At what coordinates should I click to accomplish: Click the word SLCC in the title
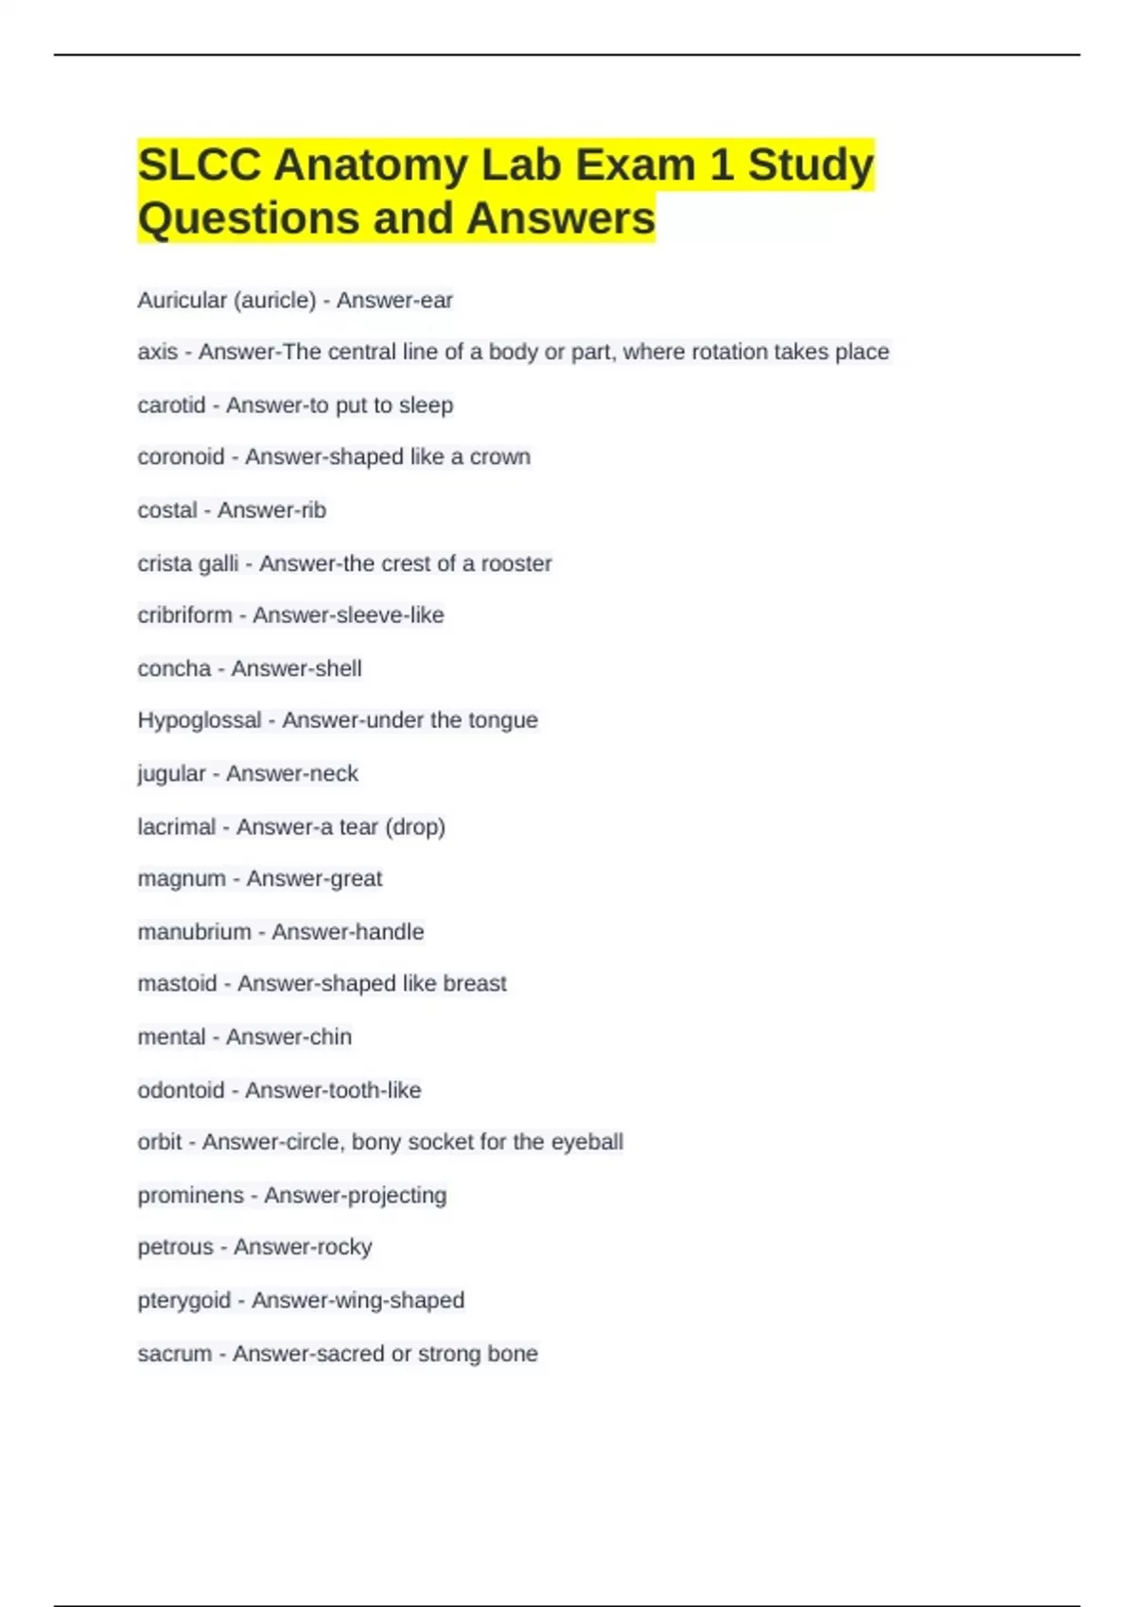point(199,165)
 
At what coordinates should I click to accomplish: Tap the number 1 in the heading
point(721,165)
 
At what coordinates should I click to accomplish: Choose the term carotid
point(171,406)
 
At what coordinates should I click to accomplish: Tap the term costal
point(167,510)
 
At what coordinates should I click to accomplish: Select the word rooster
point(515,563)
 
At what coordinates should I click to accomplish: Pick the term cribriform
point(184,615)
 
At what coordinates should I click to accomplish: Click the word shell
point(338,668)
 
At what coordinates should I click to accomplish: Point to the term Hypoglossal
point(199,720)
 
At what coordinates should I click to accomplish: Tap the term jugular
point(171,774)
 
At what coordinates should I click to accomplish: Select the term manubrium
point(194,932)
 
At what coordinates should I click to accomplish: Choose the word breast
point(475,984)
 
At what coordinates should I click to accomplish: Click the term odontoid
point(181,1090)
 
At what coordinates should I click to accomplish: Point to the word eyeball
point(586,1142)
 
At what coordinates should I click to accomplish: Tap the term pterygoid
point(183,1301)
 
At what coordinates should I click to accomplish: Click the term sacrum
point(175,1354)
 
